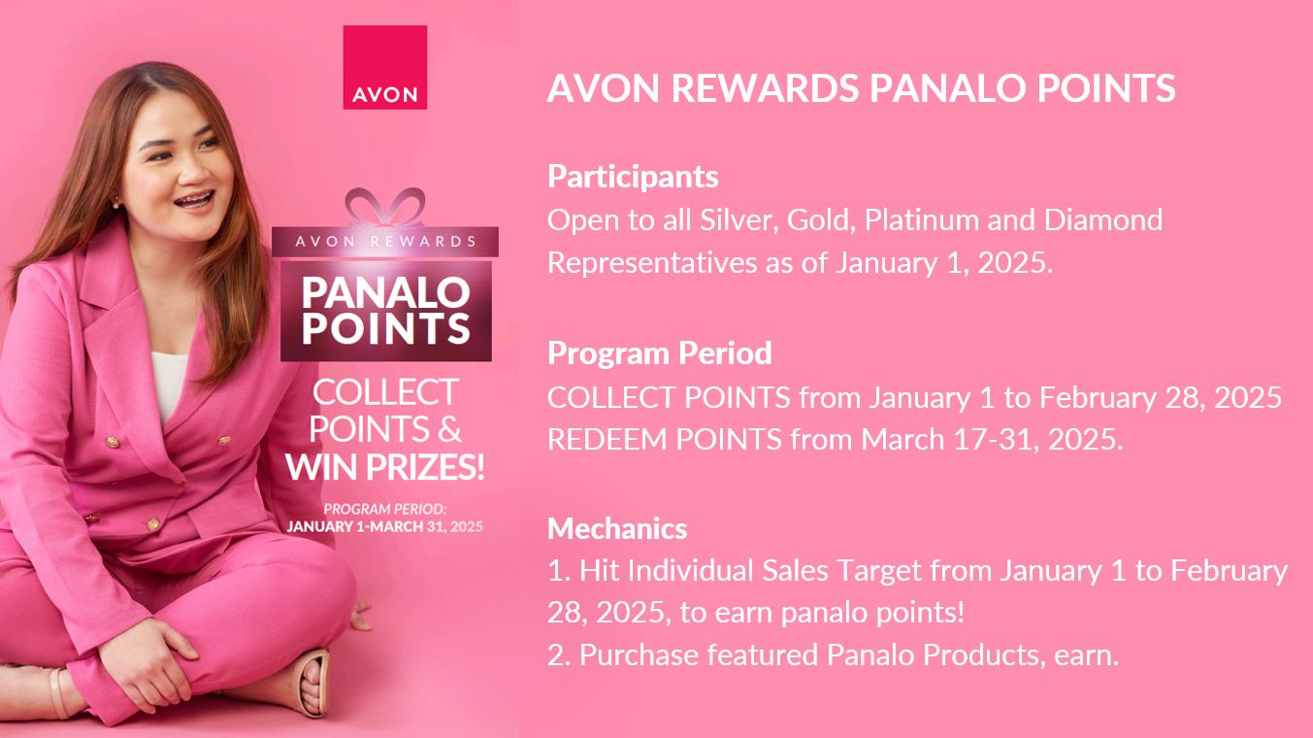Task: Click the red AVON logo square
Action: (x=385, y=67)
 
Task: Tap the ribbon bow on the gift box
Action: (x=385, y=207)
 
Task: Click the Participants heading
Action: (x=633, y=177)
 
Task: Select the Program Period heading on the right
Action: (x=660, y=353)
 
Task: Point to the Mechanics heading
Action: (x=617, y=528)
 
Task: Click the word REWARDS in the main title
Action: (x=765, y=88)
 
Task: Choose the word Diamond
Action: (x=1103, y=220)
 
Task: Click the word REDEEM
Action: (x=607, y=439)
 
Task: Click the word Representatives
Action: (x=652, y=263)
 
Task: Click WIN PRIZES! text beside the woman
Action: (x=385, y=467)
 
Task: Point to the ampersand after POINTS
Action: (x=449, y=428)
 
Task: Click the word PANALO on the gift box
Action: (x=385, y=292)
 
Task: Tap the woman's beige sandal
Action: (x=312, y=683)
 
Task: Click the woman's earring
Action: (x=115, y=205)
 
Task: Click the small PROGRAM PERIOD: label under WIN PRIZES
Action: (x=385, y=509)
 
